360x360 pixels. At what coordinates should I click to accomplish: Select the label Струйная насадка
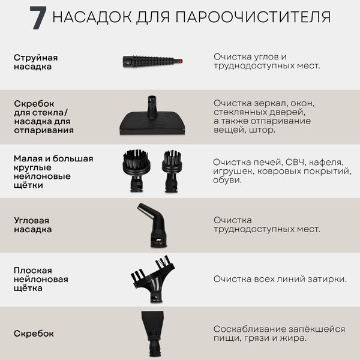coord(35,62)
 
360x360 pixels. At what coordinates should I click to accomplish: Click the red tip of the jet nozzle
coord(180,60)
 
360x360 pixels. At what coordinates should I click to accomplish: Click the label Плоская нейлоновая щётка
coord(41,279)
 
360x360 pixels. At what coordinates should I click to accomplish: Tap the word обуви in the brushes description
coord(227,180)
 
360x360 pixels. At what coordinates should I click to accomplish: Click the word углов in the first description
coord(269,56)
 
